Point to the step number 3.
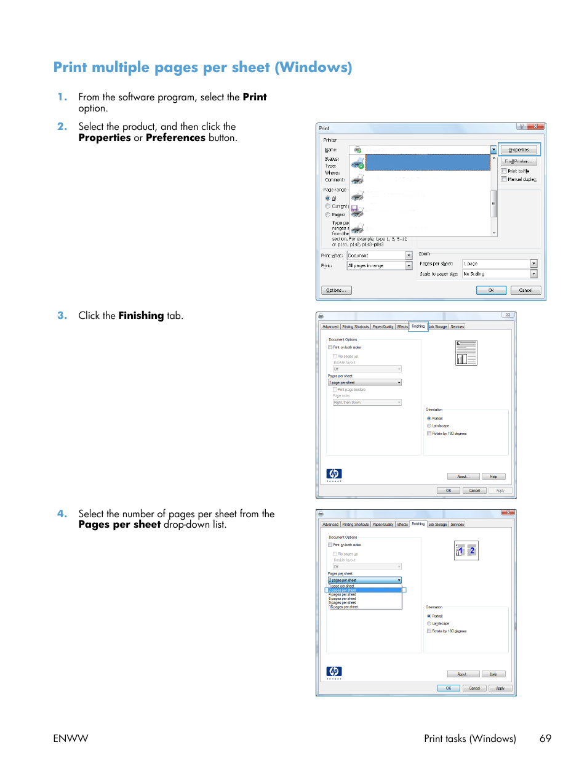pyautogui.click(x=62, y=315)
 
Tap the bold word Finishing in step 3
pyautogui.click(x=141, y=315)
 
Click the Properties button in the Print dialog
pyautogui.click(x=519, y=150)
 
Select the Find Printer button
pyautogui.click(x=519, y=161)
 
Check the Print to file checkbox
pyautogui.click(x=504, y=171)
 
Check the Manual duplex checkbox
pyautogui.click(x=504, y=179)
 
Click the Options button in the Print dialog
pyautogui.click(x=336, y=290)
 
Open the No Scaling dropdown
pyautogui.click(x=533, y=274)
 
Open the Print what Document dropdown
pyautogui.click(x=409, y=256)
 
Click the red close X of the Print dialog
pyautogui.click(x=536, y=127)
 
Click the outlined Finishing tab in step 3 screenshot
pyautogui.click(x=418, y=326)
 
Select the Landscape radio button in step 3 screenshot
pyautogui.click(x=429, y=425)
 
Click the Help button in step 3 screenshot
pyautogui.click(x=493, y=477)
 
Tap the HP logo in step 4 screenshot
pyautogui.click(x=333, y=671)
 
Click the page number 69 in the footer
pyautogui.click(x=545, y=738)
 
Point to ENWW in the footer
pyautogui.click(x=71, y=738)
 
